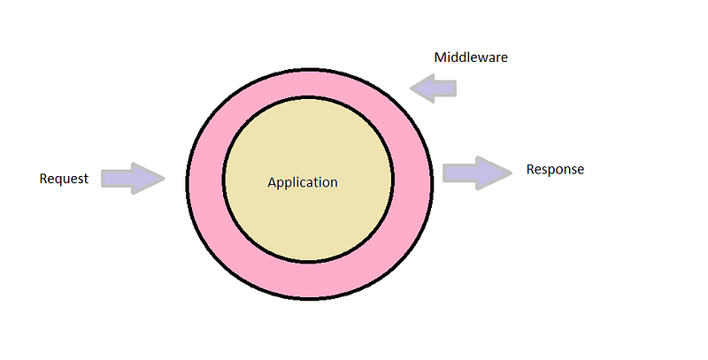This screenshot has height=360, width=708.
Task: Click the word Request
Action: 64,179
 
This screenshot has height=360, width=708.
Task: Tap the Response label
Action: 555,170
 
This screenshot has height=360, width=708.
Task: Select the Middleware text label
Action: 471,57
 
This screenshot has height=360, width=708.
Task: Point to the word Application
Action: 303,183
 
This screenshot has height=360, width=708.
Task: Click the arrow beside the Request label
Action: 133,178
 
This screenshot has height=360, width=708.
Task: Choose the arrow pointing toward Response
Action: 477,172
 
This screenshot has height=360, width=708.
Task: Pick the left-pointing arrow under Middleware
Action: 434,88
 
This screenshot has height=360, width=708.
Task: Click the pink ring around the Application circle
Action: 205,180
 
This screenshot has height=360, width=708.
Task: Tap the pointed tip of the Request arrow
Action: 165,178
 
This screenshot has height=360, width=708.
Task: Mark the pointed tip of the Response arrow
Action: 512,172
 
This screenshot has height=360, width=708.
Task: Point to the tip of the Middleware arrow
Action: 411,88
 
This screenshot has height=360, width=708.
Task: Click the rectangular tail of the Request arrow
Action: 116,178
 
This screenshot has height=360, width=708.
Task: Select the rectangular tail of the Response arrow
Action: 459,172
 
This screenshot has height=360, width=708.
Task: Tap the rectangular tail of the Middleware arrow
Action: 445,88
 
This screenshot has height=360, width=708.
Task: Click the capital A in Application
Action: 272,182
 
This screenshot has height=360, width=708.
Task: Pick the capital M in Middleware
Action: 440,57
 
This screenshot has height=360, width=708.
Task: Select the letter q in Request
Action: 58,180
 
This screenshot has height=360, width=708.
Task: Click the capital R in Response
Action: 530,169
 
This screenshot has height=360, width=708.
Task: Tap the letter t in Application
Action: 312,182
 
